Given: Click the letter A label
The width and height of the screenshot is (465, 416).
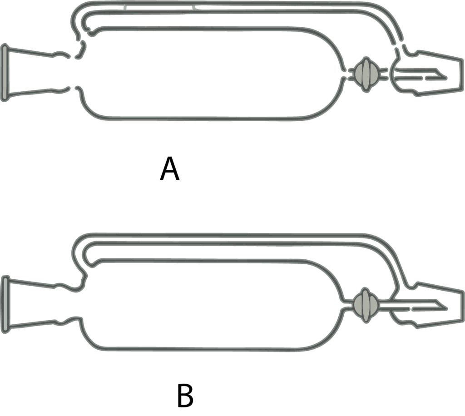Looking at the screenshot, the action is coord(170,168).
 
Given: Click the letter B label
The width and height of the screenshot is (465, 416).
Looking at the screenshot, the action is coord(185,396).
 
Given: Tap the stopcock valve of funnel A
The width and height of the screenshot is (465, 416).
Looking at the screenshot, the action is coord(366,74).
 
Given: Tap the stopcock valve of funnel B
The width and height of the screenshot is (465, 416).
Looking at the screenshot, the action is coord(366,305).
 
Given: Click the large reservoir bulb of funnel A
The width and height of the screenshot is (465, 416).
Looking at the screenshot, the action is coord(211,74).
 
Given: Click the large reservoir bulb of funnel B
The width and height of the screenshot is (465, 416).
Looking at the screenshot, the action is coord(211,305).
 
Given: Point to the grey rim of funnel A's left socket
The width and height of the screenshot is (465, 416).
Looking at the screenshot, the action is coord(5,73).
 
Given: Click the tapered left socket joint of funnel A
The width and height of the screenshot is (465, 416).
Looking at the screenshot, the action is coord(35,73).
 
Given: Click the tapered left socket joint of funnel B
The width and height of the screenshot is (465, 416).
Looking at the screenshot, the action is coord(41,305).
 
